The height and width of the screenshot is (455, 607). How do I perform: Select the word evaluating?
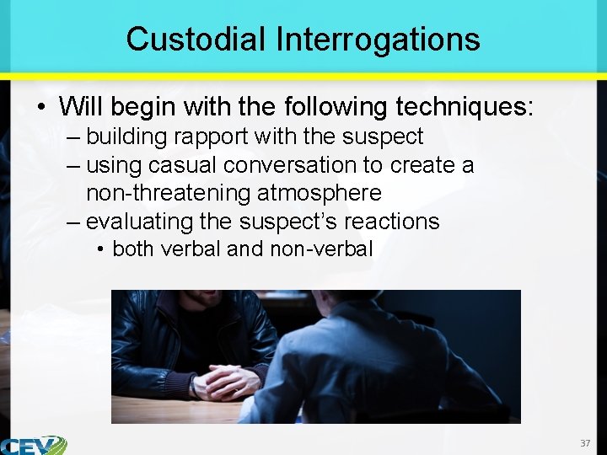139,222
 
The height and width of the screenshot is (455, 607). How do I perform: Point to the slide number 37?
585,443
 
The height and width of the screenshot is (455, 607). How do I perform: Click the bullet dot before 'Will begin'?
40,108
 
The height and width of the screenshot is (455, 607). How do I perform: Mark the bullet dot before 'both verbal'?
100,250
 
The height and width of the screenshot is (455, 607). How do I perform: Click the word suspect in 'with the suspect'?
389,136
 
